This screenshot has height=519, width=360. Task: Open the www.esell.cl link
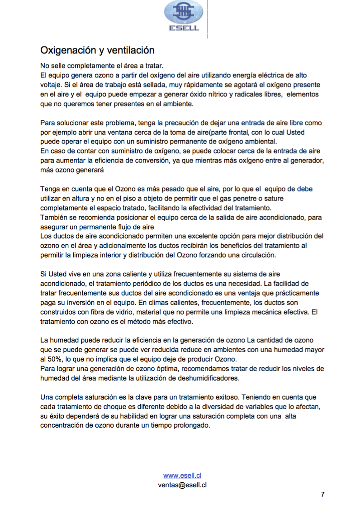point(182,476)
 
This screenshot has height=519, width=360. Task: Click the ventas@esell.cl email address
point(182,485)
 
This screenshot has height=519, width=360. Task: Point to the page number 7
point(322,494)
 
